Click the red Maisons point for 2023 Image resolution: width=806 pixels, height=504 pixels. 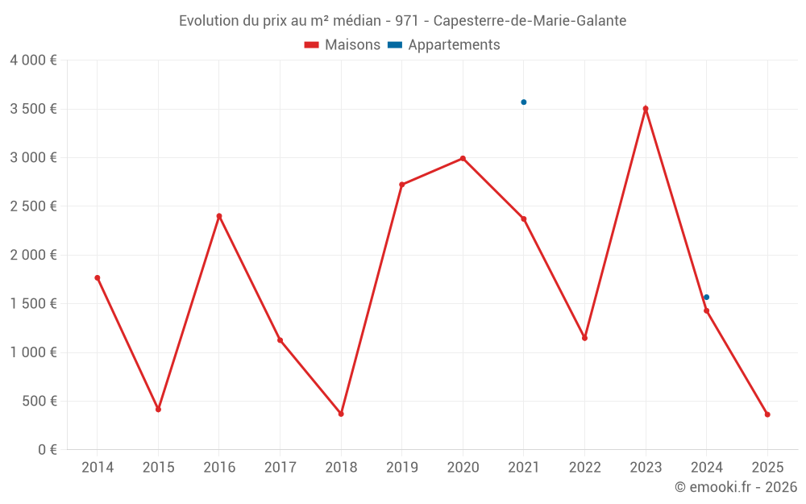tap(646, 109)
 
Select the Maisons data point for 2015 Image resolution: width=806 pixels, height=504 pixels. tap(158, 410)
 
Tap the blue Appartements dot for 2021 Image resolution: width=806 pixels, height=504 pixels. tap(523, 102)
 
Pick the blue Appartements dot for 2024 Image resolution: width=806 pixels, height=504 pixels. tap(707, 298)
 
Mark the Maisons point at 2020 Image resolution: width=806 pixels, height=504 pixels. tap(463, 158)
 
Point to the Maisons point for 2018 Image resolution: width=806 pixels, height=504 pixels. tap(341, 414)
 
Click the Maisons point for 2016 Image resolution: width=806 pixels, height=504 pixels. tap(219, 216)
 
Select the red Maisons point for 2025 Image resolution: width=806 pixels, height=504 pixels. tap(767, 414)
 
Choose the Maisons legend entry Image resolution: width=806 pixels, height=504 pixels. tap(343, 45)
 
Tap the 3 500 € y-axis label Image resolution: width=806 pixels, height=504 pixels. tap(34, 109)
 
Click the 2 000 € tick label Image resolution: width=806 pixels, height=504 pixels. tap(34, 255)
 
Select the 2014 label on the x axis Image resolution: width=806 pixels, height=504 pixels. tap(98, 468)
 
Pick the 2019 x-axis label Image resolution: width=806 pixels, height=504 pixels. tap(401, 468)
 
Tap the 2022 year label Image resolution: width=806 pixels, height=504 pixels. tap(584, 468)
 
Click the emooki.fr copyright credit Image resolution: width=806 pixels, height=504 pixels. tap(736, 487)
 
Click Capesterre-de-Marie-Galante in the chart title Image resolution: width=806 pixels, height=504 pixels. tap(530, 21)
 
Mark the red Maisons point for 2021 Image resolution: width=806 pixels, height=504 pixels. tap(524, 219)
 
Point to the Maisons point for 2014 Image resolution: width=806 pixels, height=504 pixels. tap(98, 277)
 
